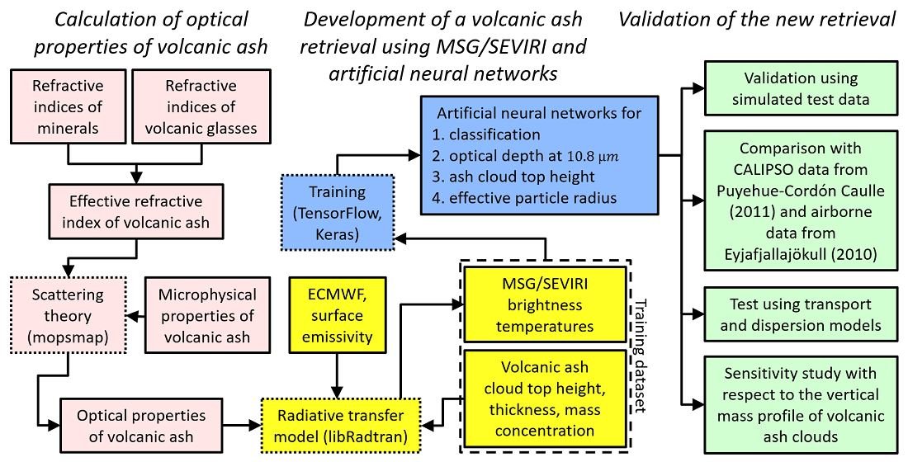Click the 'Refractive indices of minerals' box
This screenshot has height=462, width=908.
(67, 106)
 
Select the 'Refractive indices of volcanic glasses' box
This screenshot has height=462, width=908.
(199, 106)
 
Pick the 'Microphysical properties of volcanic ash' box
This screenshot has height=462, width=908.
(201, 313)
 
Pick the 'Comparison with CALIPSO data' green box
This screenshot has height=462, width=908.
(800, 200)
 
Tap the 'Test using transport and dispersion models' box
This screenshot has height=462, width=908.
(800, 313)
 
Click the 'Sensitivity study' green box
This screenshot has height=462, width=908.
(800, 403)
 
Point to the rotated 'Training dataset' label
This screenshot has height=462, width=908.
(636, 356)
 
